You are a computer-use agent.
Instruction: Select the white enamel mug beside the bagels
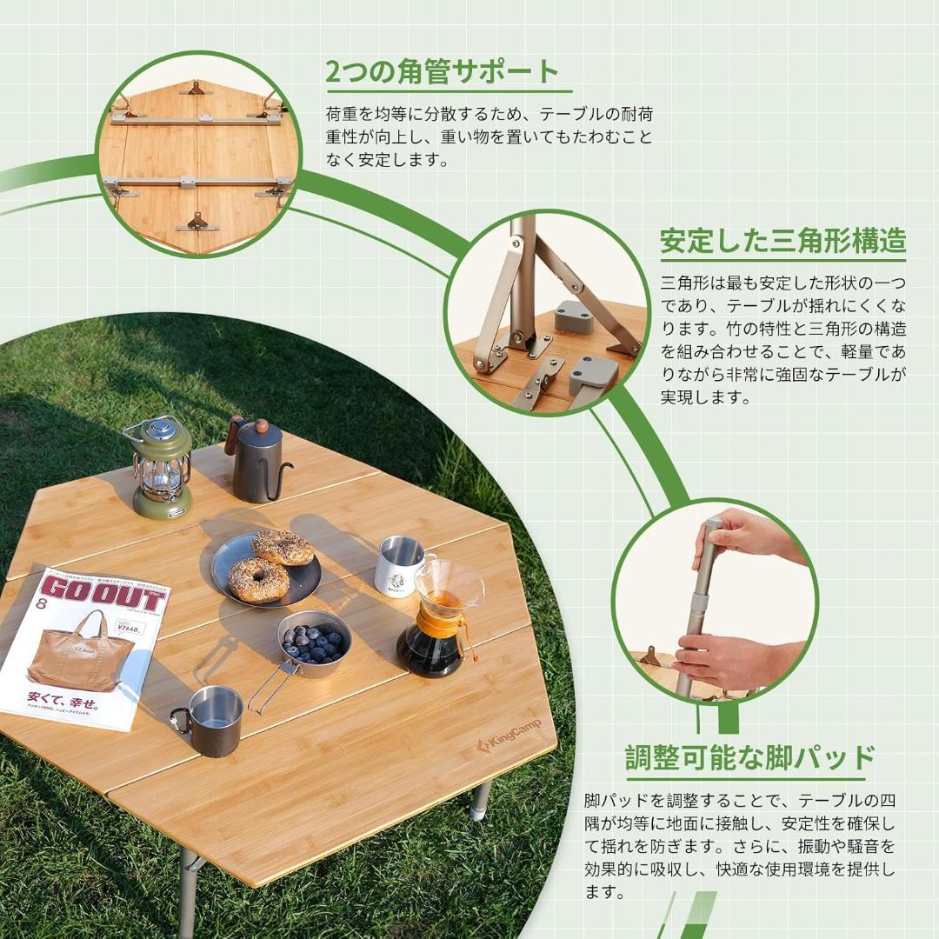(398, 567)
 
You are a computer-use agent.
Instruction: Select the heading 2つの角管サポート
(443, 72)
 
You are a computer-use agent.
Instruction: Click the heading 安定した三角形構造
(782, 241)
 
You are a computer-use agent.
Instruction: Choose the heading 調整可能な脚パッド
(749, 757)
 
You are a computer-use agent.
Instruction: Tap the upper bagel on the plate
(282, 548)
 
